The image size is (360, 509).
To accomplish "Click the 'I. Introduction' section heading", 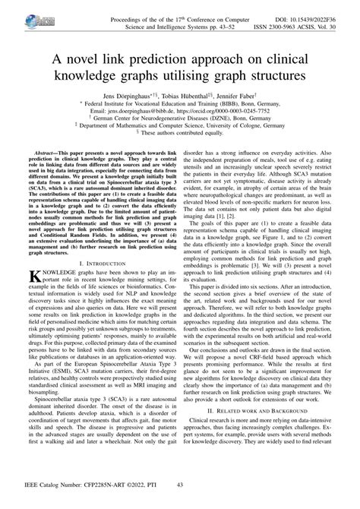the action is coord(92,262).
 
